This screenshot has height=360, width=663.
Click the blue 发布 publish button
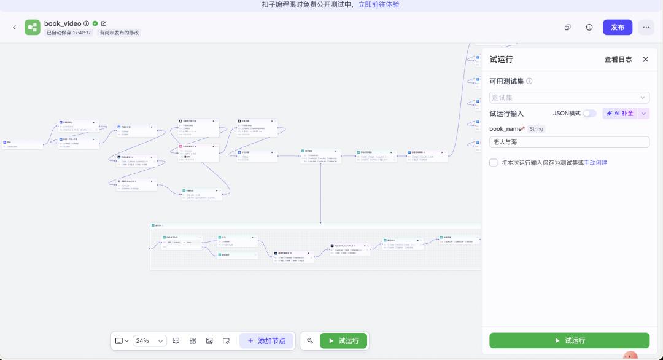(618, 27)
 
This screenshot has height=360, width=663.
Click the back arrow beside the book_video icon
(15, 27)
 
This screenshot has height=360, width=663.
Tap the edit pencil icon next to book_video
(104, 23)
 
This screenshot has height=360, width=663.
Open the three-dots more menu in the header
(646, 27)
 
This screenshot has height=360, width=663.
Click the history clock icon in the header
(589, 27)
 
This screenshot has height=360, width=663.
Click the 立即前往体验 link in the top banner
(379, 4)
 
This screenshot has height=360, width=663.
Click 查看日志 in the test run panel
(618, 60)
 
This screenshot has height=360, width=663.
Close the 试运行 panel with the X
(645, 60)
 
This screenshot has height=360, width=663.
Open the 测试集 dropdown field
(569, 98)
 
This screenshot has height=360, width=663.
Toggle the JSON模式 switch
(589, 114)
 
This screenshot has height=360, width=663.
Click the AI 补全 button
(621, 114)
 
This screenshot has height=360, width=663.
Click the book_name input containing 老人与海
(569, 142)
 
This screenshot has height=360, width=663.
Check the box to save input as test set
(494, 163)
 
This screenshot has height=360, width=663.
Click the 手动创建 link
(595, 163)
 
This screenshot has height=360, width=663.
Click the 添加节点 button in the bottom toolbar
(266, 340)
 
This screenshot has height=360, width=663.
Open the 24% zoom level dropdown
(150, 340)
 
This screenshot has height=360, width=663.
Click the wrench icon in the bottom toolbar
(310, 340)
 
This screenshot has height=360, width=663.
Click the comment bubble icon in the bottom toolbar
(176, 340)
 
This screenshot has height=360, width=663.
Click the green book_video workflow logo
(32, 27)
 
